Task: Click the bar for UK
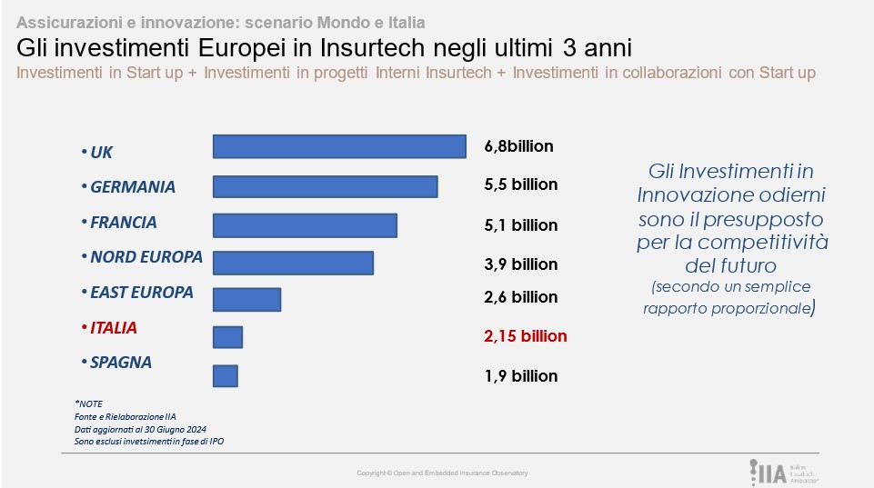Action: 338,146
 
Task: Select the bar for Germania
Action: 325,186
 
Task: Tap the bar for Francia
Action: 305,225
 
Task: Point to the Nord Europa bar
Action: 293,262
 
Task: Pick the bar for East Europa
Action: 246,299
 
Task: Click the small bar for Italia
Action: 227,336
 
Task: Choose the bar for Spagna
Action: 225,375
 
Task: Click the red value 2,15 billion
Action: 526,336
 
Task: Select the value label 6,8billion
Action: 518,146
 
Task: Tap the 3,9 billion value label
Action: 521,264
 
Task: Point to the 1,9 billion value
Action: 521,375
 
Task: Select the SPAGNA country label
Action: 120,363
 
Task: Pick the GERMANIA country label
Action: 133,187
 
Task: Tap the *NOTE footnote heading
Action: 90,403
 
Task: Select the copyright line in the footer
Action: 442,473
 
